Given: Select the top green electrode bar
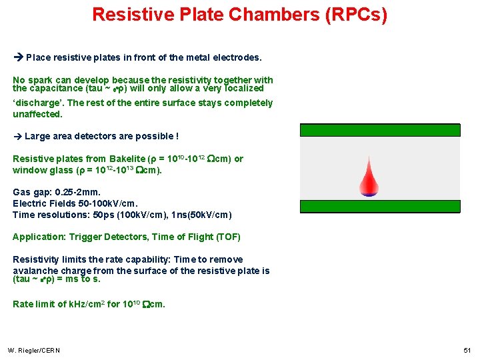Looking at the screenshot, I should click(x=379, y=130).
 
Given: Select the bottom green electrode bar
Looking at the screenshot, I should click(x=379, y=206).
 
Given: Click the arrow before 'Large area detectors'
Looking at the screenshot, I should click(x=18, y=137).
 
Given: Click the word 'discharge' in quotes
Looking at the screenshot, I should click(x=38, y=103).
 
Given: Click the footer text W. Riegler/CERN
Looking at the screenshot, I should click(x=34, y=351).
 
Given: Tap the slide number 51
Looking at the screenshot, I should click(x=466, y=351).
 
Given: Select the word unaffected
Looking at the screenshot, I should click(x=37, y=114).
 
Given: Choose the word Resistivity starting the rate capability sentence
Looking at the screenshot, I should click(x=36, y=259).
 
